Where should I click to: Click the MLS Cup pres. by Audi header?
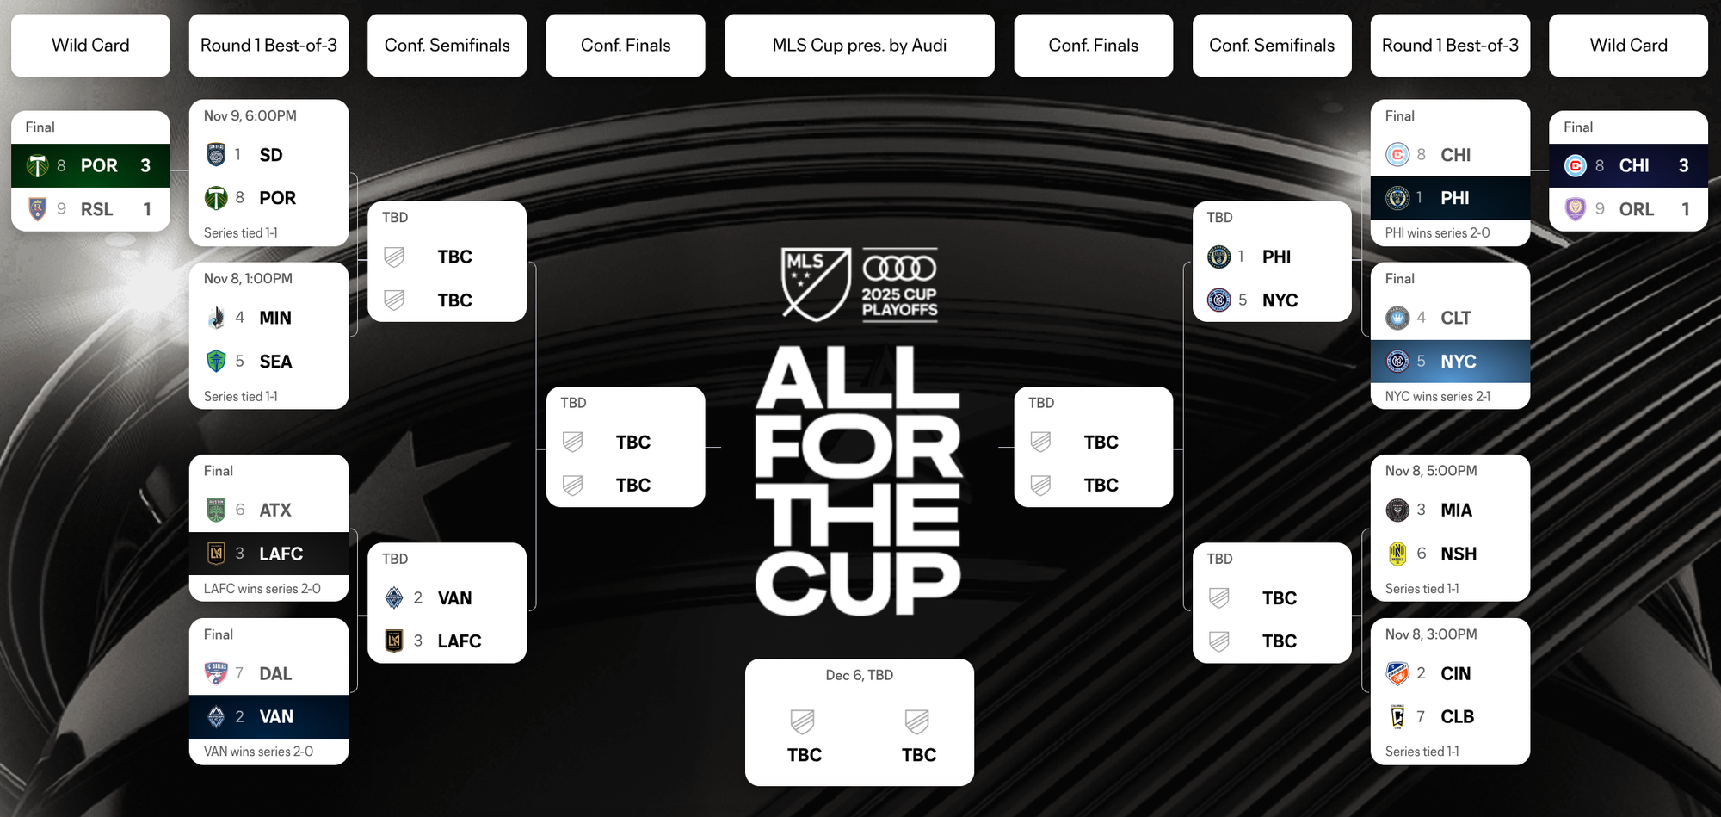tap(859, 46)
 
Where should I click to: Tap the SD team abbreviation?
tap(271, 155)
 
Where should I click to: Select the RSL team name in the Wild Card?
tap(97, 209)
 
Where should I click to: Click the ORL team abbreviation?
tap(1636, 209)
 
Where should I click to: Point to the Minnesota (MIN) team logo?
tap(216, 318)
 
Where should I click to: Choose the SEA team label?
tap(275, 362)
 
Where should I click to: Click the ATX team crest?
tap(216, 511)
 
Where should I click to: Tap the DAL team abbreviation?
tap(275, 674)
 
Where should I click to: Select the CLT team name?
tap(1456, 319)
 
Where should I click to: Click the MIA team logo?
tap(1397, 511)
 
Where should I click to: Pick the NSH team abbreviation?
tap(1459, 554)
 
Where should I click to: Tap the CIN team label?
tap(1456, 674)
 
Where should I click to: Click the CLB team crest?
tap(1397, 716)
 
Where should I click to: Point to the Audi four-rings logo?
tap(899, 269)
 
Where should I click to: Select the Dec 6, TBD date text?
tap(859, 675)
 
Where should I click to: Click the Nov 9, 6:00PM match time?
tap(250, 116)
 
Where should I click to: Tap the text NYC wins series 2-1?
tap(1438, 397)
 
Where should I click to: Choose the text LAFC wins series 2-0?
tap(262, 589)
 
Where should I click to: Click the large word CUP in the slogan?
tap(858, 584)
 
